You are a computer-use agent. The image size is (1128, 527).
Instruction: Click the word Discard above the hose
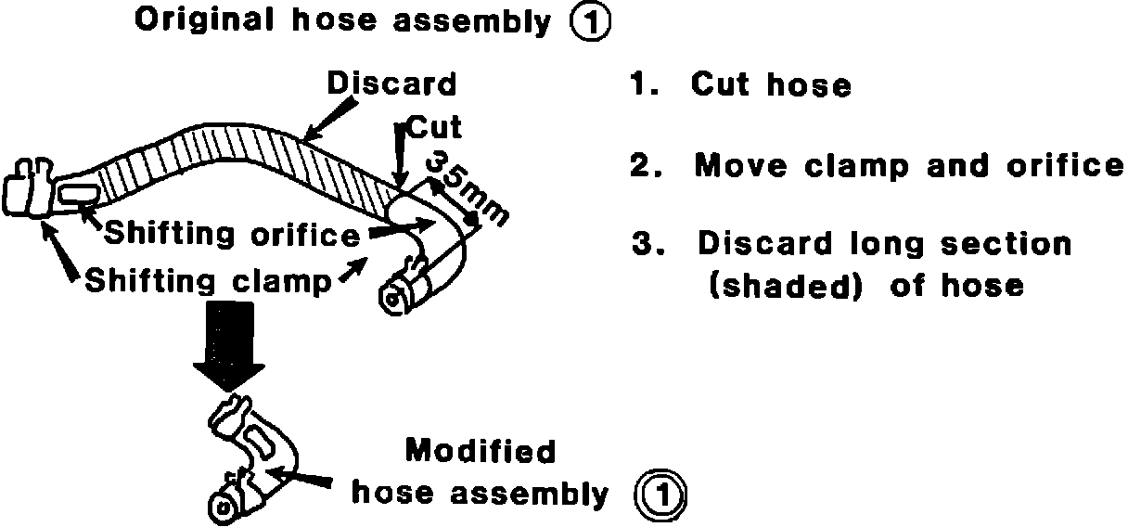391,84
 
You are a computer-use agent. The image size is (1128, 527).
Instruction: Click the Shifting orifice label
232,235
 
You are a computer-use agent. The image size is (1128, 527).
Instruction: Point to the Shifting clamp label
208,279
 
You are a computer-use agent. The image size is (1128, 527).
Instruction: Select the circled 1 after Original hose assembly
590,22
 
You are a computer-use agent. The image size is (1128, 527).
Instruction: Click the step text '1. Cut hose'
740,86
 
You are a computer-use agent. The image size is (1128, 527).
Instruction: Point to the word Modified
481,452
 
